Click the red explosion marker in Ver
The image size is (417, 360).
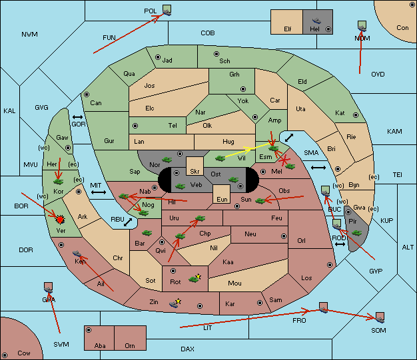(x=61, y=220)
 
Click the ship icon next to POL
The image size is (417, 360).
(x=167, y=12)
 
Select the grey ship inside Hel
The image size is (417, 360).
(x=316, y=21)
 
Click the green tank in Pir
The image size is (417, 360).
(x=356, y=233)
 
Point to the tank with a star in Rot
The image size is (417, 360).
(x=195, y=278)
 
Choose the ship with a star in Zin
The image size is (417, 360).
(x=175, y=303)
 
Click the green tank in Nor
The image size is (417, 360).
(x=167, y=160)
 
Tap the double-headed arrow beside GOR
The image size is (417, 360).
(x=77, y=117)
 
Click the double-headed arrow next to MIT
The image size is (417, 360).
(x=99, y=192)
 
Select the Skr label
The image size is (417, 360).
(x=195, y=172)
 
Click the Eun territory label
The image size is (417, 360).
(x=222, y=199)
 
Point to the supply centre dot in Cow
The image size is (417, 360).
(x=5, y=355)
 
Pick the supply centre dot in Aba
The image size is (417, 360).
(x=89, y=330)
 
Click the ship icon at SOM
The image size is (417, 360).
(x=380, y=320)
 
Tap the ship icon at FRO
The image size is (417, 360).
(x=323, y=310)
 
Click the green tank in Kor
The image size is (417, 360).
(x=59, y=182)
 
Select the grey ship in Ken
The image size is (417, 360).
(x=77, y=254)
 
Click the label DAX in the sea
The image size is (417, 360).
(x=187, y=349)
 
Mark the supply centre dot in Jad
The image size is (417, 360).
(x=158, y=57)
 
